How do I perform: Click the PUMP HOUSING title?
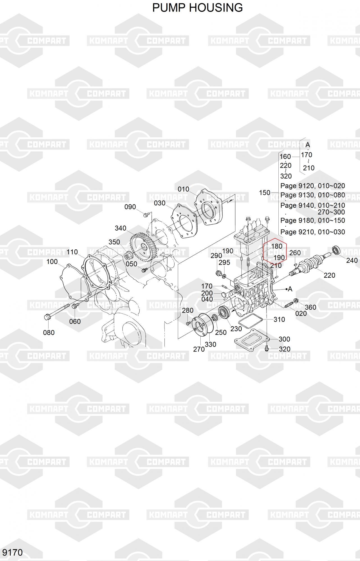197,8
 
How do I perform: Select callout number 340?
120,228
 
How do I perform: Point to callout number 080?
49,332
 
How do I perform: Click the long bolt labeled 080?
58,312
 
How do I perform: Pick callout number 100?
52,262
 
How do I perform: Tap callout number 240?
352,260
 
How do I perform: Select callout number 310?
279,319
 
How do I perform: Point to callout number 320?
285,349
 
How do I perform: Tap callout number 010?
184,189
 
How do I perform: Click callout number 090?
130,207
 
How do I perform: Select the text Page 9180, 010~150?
313,220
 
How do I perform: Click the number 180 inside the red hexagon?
277,246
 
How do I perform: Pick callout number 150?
265,193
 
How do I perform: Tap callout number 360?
311,307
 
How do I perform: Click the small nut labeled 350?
128,256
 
